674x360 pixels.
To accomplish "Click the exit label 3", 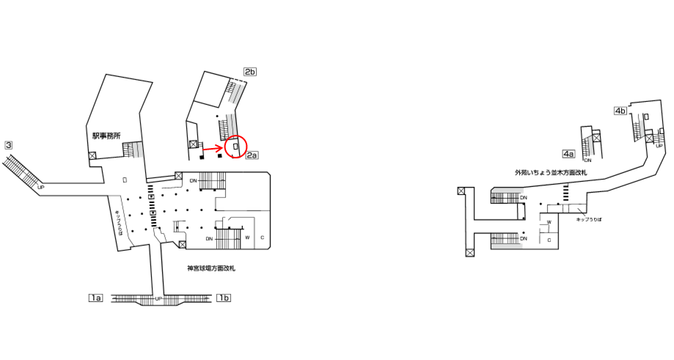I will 9,145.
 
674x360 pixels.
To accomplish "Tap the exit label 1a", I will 95,298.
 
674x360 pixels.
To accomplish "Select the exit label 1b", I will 224,298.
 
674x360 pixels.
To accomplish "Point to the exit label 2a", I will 252,155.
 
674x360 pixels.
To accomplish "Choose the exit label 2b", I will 250,72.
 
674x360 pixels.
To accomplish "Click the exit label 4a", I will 568,154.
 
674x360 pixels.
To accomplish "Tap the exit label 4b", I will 620,111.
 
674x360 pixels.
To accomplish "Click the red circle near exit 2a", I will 236,147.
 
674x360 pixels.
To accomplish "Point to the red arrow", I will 213,150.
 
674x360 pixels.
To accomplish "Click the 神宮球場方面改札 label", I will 211,268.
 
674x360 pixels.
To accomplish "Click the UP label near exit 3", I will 40,187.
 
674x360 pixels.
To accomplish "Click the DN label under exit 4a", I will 587,161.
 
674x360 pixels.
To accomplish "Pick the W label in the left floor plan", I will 247,238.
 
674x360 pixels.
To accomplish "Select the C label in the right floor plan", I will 549,240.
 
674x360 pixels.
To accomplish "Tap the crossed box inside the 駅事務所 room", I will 92,155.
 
